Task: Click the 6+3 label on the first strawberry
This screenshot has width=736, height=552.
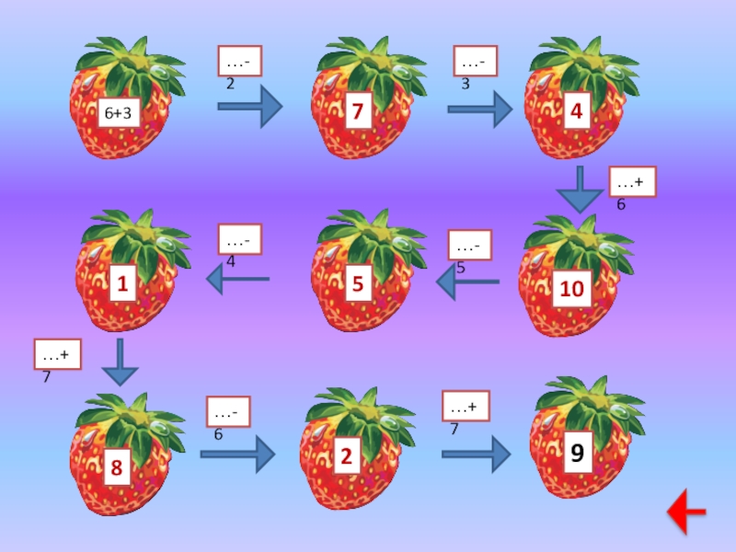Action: [119, 115]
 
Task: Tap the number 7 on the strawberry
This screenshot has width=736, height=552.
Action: [357, 113]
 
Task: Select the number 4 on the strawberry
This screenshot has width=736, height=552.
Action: [576, 112]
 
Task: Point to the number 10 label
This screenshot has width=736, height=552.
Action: [572, 289]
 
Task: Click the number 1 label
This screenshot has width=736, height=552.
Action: [121, 287]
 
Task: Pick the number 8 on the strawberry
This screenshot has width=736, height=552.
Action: [117, 468]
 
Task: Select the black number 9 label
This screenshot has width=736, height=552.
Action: [577, 454]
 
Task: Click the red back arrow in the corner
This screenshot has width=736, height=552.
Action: [686, 512]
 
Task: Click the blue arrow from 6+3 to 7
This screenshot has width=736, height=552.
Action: [249, 107]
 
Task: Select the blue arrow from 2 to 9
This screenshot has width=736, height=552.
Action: [476, 454]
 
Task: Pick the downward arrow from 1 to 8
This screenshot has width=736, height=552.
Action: [120, 362]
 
